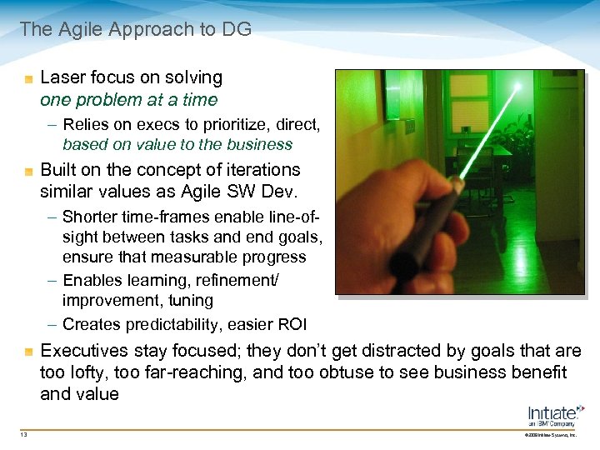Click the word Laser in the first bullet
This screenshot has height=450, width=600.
(62, 77)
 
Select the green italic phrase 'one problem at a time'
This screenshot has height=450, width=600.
(128, 100)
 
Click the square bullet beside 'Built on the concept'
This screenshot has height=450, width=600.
(29, 171)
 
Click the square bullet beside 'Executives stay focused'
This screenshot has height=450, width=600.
(29, 351)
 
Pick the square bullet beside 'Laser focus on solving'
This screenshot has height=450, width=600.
(29, 78)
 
